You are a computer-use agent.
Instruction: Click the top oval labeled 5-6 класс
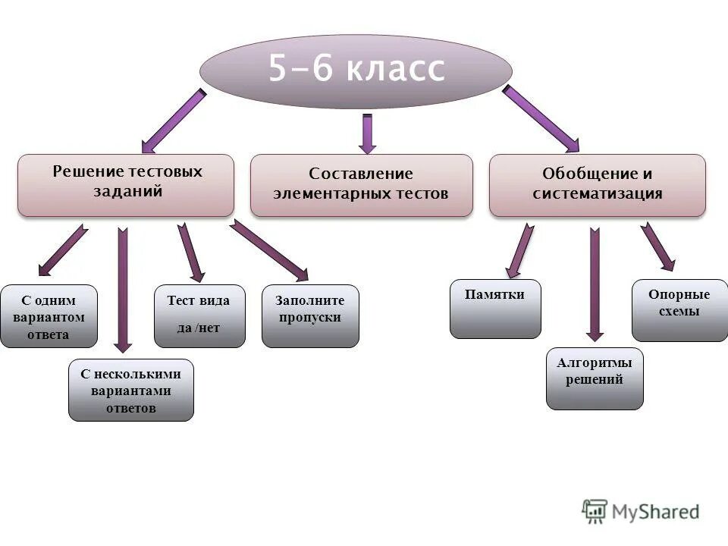pyautogui.click(x=356, y=71)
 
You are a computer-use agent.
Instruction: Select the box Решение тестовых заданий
pyautogui.click(x=126, y=185)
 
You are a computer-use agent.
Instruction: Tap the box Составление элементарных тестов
pyautogui.click(x=361, y=185)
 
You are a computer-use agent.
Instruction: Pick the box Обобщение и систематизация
pyautogui.click(x=597, y=185)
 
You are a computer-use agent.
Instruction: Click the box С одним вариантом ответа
pyautogui.click(x=49, y=316)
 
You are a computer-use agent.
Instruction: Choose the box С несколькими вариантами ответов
pyautogui.click(x=131, y=390)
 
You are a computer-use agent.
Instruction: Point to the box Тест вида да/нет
pyautogui.click(x=199, y=315)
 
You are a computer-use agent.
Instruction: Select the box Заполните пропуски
pyautogui.click(x=310, y=315)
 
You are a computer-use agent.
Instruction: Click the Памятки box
pyautogui.click(x=495, y=309)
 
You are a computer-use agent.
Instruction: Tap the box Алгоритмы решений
pyautogui.click(x=595, y=378)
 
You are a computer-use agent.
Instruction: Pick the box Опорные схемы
pyautogui.click(x=679, y=310)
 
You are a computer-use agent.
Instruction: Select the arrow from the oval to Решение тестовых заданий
pyautogui.click(x=174, y=121)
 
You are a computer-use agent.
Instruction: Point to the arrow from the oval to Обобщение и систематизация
pyautogui.click(x=540, y=118)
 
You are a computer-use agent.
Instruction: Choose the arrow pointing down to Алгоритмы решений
pyautogui.click(x=595, y=284)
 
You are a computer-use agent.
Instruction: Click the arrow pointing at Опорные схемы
pyautogui.click(x=657, y=246)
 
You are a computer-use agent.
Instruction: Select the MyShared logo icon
pyautogui.click(x=595, y=512)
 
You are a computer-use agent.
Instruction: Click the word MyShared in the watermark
pyautogui.click(x=656, y=512)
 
